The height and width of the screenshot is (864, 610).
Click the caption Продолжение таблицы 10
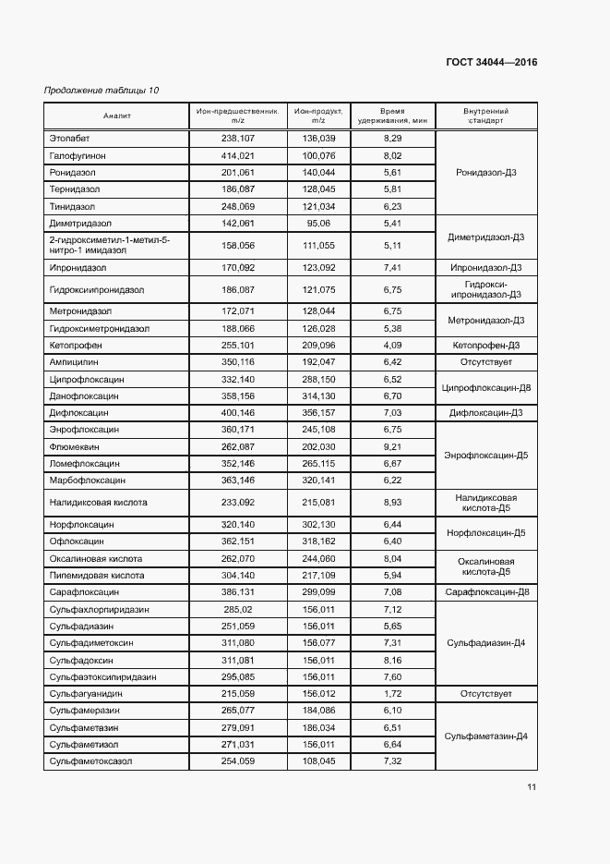point(102,91)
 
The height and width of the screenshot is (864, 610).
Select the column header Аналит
point(117,116)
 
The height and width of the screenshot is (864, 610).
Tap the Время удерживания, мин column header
point(392,116)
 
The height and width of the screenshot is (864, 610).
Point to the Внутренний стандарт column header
point(485,116)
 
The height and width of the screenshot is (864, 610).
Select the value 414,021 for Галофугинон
point(238,155)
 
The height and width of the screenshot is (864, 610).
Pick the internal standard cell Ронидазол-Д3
point(485,172)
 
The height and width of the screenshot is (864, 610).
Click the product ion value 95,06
point(318,224)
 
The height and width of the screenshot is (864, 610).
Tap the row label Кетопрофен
point(78,345)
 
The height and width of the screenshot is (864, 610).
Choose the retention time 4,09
point(392,345)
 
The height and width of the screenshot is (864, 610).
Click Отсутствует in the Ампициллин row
point(485,362)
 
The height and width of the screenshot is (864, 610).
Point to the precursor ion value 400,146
point(238,413)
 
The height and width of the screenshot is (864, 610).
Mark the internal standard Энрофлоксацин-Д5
point(485,456)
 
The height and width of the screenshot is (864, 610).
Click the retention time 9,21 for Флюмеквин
point(392,446)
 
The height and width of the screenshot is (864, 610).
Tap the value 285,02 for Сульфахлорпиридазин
point(238,610)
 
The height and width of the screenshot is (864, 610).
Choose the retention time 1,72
point(392,693)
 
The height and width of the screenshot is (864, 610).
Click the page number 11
point(532,787)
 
